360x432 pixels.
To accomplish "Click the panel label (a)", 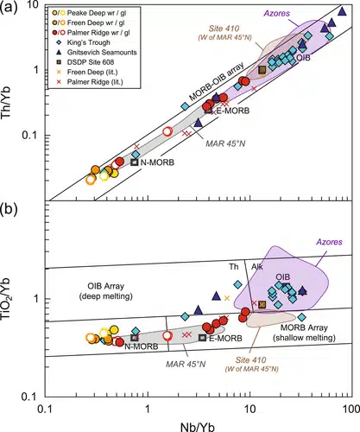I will tap(12, 8).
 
